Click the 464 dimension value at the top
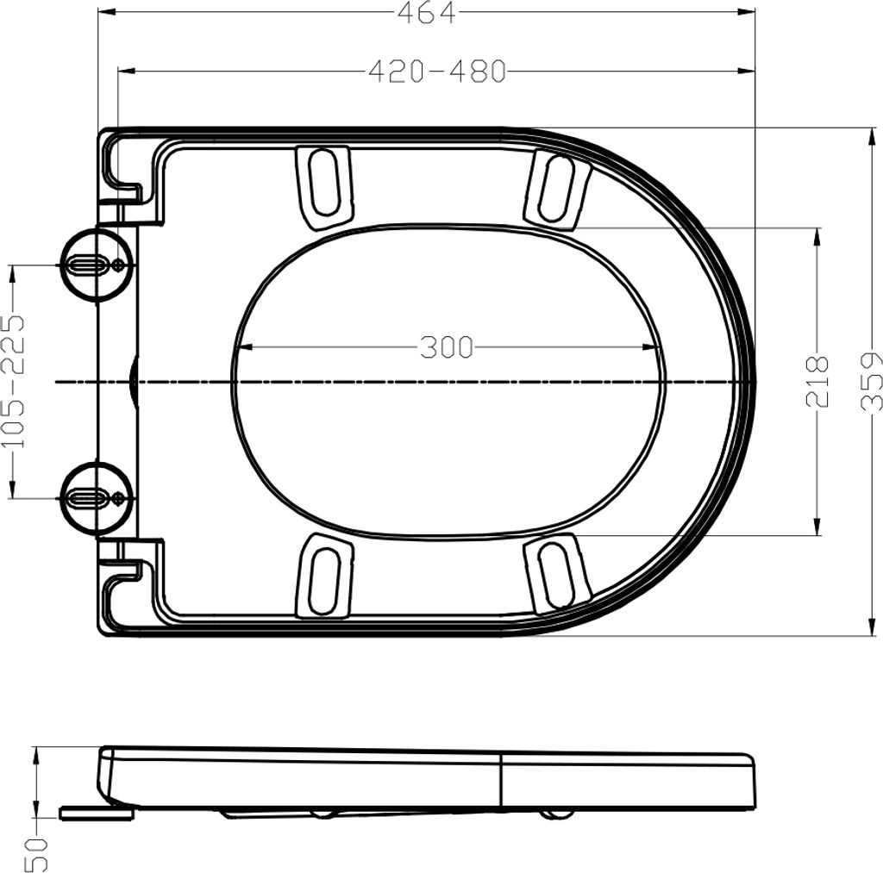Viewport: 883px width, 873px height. (x=425, y=12)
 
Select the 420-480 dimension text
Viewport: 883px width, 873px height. (x=437, y=72)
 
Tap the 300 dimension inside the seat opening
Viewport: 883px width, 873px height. (x=447, y=347)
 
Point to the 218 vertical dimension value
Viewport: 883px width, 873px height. (x=817, y=381)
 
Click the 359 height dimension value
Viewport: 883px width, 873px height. (x=870, y=381)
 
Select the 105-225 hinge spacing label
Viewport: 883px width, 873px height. (x=12, y=382)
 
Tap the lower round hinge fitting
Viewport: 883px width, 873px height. (x=96, y=497)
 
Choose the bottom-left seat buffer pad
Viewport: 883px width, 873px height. (x=324, y=576)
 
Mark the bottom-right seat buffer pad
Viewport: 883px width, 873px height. (x=556, y=572)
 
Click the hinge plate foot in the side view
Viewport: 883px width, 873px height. (x=96, y=813)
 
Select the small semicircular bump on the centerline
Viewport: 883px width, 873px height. (x=132, y=381)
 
